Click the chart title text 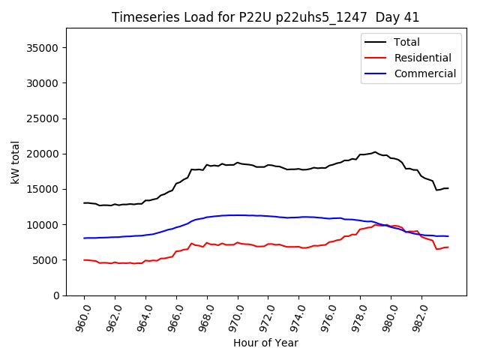[265, 17]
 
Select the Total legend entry [406, 42]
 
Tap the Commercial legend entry [424, 73]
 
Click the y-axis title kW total [16, 162]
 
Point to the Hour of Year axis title [265, 343]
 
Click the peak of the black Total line [375, 151]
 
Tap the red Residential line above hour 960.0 [85, 259]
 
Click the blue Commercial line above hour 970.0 [238, 215]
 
